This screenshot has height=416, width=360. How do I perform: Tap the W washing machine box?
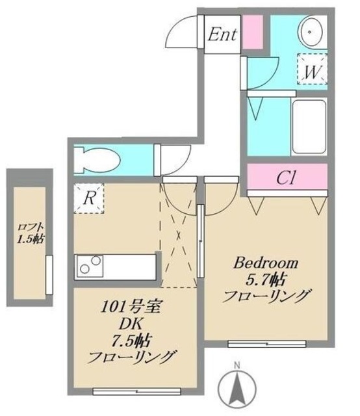313,71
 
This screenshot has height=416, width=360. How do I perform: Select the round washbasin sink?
311,32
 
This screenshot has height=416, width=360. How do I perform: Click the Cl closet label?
286,177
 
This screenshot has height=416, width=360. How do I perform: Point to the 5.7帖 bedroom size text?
265,280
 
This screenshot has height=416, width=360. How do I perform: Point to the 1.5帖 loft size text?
30,240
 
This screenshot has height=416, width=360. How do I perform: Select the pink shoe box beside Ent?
253,31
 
